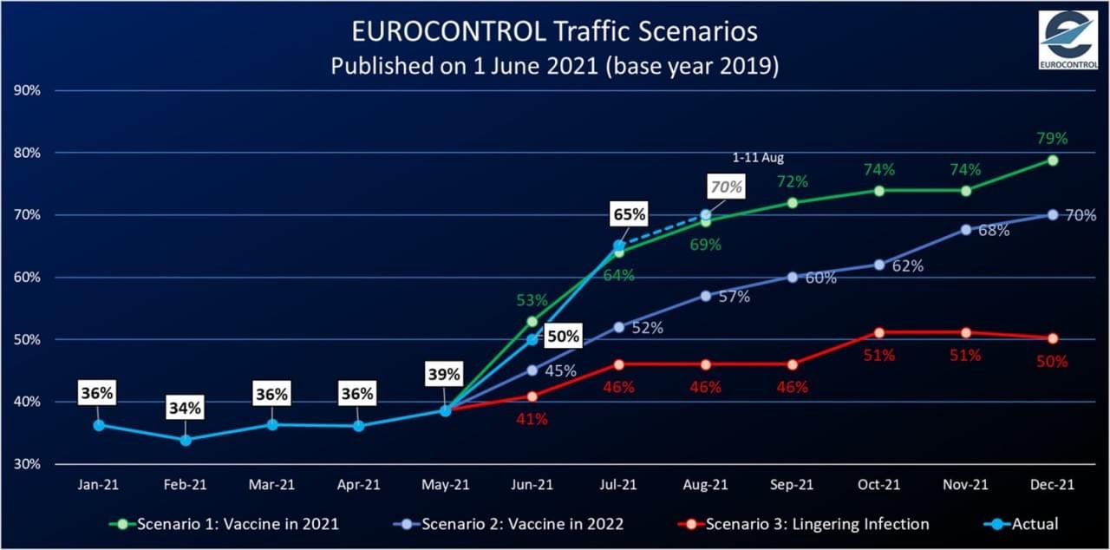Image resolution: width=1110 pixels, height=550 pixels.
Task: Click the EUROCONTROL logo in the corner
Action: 1068,39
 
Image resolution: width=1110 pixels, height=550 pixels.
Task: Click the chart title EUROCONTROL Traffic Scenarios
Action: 554,32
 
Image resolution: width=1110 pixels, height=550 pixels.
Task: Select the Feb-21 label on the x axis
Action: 185,487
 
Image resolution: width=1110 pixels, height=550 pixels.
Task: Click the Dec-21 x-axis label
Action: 1052,487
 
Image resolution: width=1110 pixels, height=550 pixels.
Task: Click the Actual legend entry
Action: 1022,524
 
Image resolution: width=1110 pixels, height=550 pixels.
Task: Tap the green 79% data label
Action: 1052,138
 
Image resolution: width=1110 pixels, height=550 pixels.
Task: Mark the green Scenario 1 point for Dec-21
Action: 1052,160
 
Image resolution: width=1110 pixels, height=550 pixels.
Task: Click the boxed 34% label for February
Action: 185,407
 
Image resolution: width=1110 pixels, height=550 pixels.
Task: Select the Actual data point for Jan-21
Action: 99,425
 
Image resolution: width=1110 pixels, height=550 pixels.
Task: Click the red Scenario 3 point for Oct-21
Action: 878,333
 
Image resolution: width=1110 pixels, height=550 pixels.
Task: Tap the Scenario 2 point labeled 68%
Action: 965,230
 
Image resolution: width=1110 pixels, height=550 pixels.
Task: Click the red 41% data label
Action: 532,419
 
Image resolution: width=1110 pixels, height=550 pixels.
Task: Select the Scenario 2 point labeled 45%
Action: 532,370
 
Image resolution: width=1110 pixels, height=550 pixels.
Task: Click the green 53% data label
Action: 532,301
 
